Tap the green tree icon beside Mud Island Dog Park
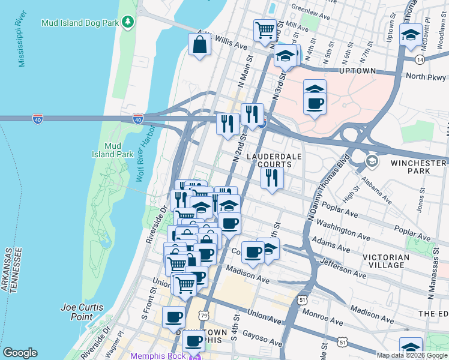coord(127,23)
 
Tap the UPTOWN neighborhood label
coord(357,71)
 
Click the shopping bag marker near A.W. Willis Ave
coord(199,44)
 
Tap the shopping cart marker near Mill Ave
coord(265,29)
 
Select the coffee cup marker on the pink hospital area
coord(315,104)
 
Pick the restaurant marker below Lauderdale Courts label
coord(273,177)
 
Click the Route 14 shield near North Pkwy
coord(420,59)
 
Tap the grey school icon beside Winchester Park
coord(372,160)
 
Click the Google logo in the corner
coord(20,353)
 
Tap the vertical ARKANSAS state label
coord(5,269)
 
